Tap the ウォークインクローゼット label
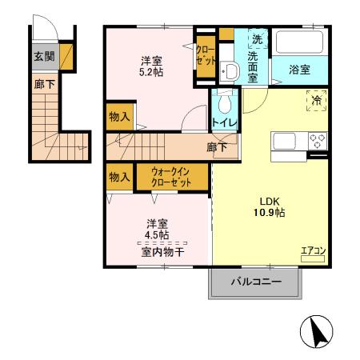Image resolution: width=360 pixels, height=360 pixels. pos(172,175)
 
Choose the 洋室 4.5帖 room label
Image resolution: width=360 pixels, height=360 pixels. pos(157,230)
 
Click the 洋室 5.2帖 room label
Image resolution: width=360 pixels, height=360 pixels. pos(153,66)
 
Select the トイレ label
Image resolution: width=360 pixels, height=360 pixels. pos(223,123)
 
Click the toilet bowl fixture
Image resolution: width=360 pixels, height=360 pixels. pos(225,102)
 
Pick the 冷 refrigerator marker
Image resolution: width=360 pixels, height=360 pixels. pos(315,100)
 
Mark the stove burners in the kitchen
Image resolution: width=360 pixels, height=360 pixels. pos(317,142)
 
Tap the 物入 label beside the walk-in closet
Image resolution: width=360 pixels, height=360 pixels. pos(119,177)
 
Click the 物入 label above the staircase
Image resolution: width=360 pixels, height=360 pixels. pos(119,117)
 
